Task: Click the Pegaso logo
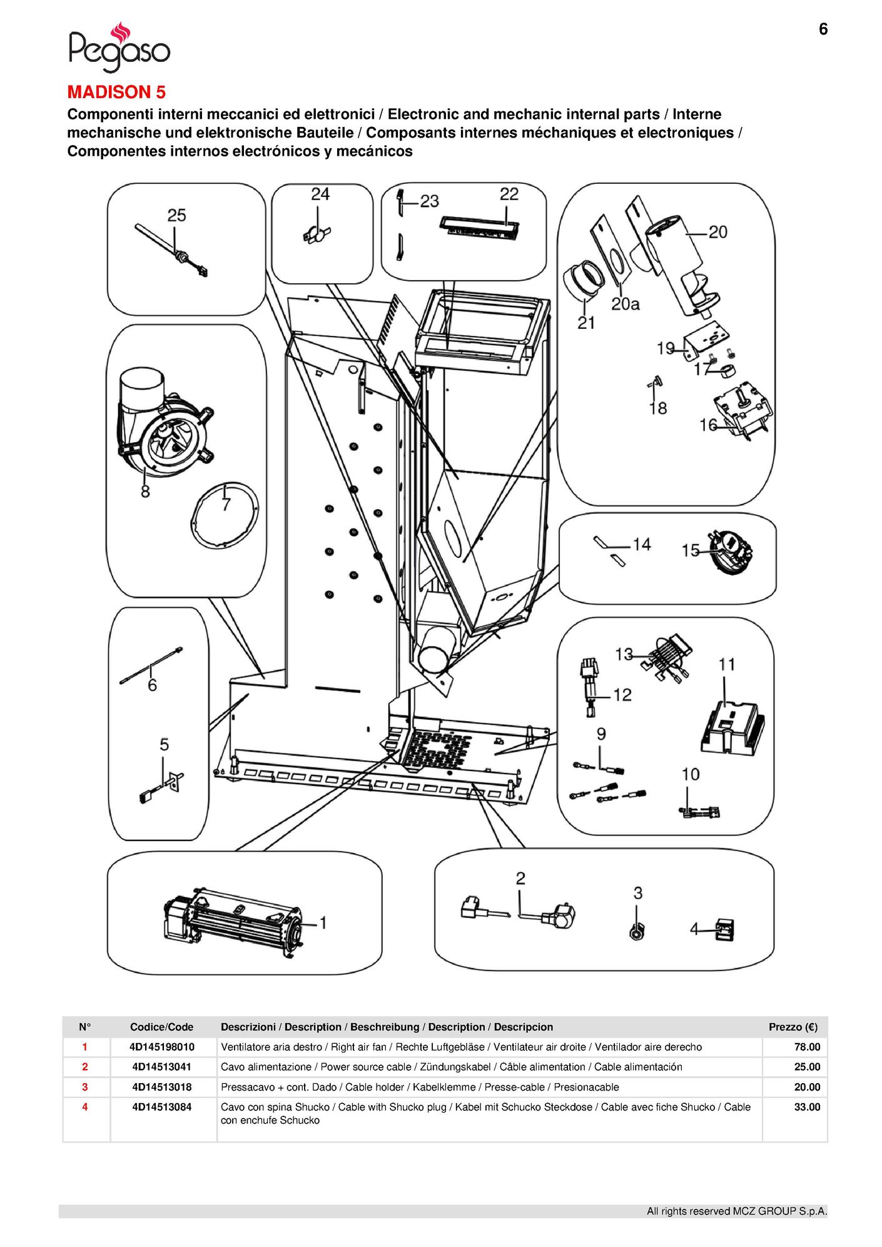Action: click(x=119, y=47)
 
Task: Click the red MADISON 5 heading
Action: click(x=116, y=92)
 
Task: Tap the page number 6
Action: click(x=823, y=29)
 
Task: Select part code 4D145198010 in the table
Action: click(x=162, y=1047)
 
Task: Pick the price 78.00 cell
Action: click(x=807, y=1047)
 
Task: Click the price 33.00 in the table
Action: click(x=807, y=1107)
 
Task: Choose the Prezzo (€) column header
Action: click(x=793, y=1027)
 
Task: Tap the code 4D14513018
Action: click(x=162, y=1087)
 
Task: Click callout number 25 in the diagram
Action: click(x=176, y=215)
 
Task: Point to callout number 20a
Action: click(x=625, y=305)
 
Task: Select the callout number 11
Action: click(x=726, y=665)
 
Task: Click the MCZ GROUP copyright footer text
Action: click(x=736, y=1211)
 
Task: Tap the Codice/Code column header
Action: click(x=162, y=1027)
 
